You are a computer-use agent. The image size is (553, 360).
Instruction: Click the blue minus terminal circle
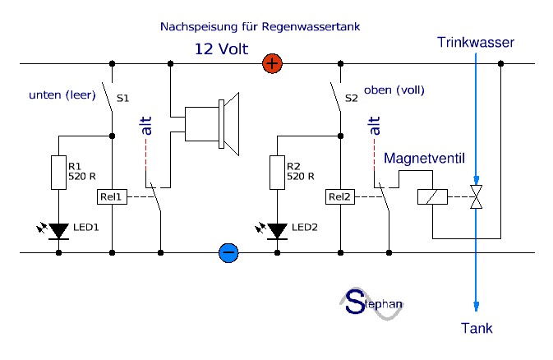pyautogui.click(x=229, y=252)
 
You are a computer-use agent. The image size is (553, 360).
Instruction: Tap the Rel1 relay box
pyautogui.click(x=110, y=196)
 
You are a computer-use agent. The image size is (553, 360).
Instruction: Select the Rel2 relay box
pyautogui.click(x=339, y=196)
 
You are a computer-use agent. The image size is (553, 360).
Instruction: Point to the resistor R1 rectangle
pyautogui.click(x=58, y=170)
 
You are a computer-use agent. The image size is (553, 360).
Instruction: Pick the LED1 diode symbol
pyautogui.click(x=58, y=231)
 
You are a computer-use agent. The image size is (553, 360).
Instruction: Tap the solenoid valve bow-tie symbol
pyautogui.click(x=476, y=197)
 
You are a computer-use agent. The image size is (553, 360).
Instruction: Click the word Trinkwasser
pyautogui.click(x=476, y=41)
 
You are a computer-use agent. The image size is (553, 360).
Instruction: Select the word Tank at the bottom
pyautogui.click(x=477, y=328)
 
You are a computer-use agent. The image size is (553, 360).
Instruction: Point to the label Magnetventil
pyautogui.click(x=421, y=157)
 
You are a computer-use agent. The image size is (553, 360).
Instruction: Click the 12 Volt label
pyautogui.click(x=220, y=48)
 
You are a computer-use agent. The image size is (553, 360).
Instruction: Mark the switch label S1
pyautogui.click(x=122, y=99)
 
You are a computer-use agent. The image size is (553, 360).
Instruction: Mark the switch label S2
pyautogui.click(x=352, y=98)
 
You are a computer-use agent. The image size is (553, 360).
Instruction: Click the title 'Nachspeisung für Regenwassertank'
pyautogui.click(x=260, y=26)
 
